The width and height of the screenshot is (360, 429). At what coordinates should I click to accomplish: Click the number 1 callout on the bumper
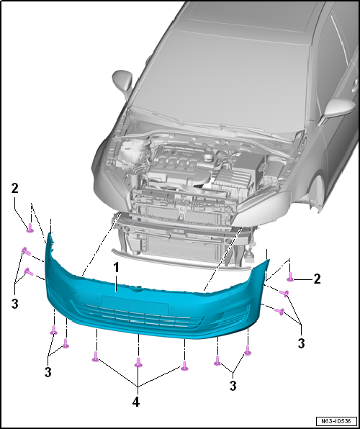117,268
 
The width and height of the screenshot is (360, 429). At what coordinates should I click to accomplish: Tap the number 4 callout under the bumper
136,402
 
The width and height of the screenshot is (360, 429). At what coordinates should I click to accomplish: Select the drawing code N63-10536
336,420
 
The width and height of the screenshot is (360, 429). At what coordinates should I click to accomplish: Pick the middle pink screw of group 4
138,362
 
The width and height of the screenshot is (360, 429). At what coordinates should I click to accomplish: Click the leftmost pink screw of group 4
95,356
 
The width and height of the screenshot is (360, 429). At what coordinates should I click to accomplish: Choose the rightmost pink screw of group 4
184,366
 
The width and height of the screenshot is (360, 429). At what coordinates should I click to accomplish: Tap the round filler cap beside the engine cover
208,158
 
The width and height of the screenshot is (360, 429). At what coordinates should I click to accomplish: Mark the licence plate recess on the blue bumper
135,303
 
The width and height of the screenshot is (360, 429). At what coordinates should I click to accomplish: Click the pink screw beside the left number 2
30,227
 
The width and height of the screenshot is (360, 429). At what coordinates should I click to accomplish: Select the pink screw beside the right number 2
290,277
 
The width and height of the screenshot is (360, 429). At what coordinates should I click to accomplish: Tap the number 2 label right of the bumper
317,279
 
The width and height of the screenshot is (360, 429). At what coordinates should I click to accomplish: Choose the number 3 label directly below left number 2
15,304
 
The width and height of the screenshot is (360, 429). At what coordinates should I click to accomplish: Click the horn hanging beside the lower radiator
250,254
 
